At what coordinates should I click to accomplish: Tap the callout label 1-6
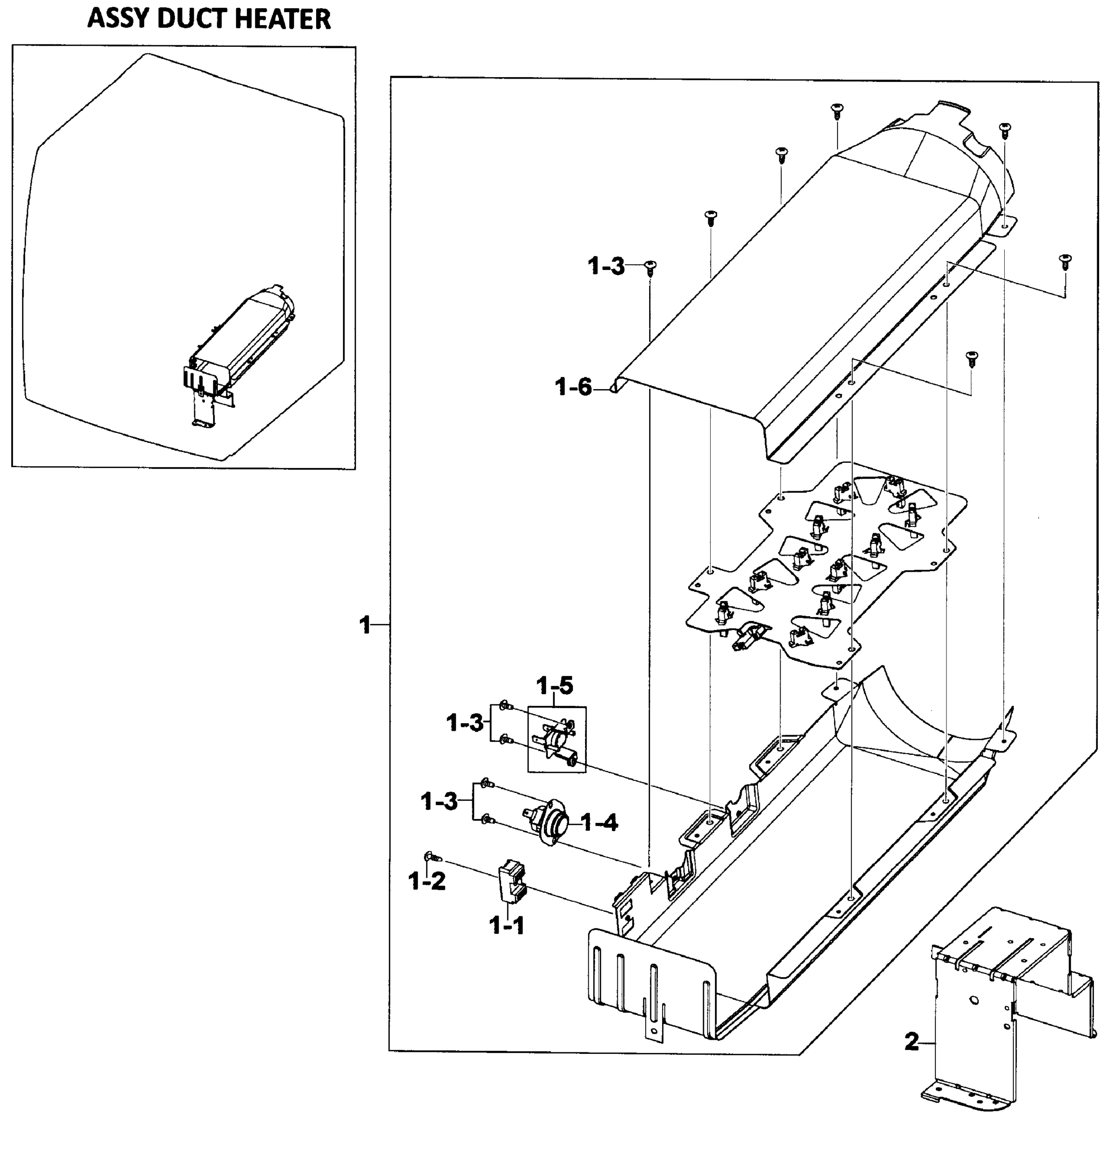(573, 388)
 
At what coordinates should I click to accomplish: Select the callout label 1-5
(555, 686)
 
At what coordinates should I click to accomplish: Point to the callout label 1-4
(600, 823)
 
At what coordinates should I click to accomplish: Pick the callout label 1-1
(506, 926)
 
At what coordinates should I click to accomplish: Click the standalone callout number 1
(365, 625)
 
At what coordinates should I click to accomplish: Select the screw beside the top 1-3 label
(650, 268)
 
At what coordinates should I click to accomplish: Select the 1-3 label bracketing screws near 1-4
(439, 802)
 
